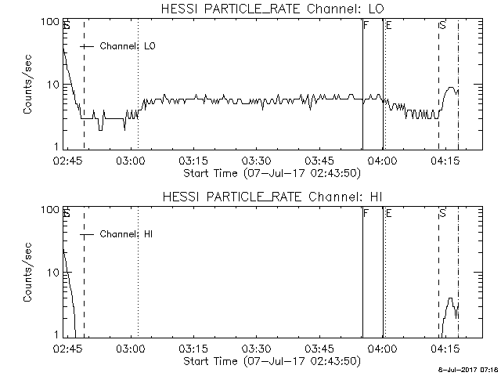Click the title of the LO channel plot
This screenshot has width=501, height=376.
click(x=272, y=9)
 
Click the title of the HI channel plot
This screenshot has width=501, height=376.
click(x=272, y=197)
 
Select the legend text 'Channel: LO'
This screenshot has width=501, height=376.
click(x=128, y=46)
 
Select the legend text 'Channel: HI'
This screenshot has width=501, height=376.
click(x=126, y=234)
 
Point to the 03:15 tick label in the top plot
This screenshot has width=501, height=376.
click(x=193, y=160)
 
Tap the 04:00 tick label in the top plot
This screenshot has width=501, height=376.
click(x=382, y=160)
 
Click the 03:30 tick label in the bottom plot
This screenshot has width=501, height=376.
click(x=256, y=348)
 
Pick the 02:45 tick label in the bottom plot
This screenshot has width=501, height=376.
click(x=67, y=348)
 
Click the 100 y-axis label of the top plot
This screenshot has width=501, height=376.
click(x=50, y=22)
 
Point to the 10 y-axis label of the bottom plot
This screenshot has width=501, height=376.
click(x=53, y=273)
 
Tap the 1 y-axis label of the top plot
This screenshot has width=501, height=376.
click(x=56, y=146)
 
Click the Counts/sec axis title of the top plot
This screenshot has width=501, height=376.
click(x=27, y=84)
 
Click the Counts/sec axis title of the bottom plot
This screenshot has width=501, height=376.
click(x=27, y=272)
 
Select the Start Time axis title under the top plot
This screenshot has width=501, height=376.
click(x=272, y=173)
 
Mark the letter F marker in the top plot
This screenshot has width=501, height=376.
click(x=366, y=25)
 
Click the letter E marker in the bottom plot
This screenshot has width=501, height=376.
click(x=389, y=213)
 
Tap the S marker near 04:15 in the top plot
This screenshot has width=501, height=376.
click(x=442, y=25)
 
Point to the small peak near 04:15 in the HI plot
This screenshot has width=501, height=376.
click(x=451, y=298)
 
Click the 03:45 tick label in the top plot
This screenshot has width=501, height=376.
click(x=319, y=160)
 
